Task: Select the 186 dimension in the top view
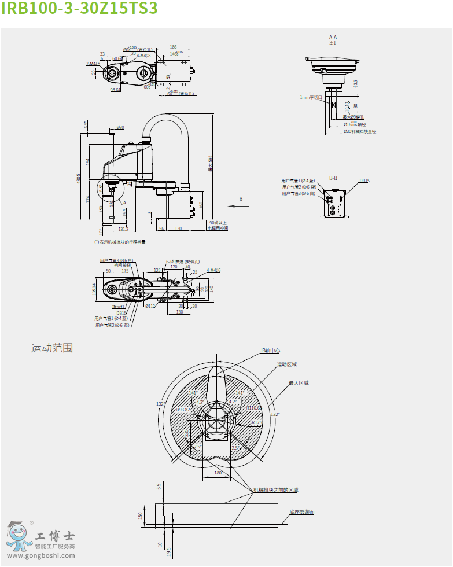pyautogui.click(x=173, y=47)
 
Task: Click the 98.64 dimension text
pyautogui.click(x=115, y=90)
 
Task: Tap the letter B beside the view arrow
pyautogui.click(x=242, y=198)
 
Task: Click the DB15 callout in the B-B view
pyautogui.click(x=364, y=181)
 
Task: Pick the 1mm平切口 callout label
pyautogui.click(x=311, y=98)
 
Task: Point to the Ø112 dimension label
pyautogui.click(x=150, y=305)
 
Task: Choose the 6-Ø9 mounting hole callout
pyautogui.click(x=183, y=261)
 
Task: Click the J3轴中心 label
pyautogui.click(x=270, y=350)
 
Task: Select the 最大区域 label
pyautogui.click(x=299, y=383)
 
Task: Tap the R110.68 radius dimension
pyautogui.click(x=254, y=408)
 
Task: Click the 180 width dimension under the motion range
pyautogui.click(x=218, y=473)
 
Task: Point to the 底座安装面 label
pyautogui.click(x=301, y=512)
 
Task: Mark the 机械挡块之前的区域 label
pyautogui.click(x=275, y=489)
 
